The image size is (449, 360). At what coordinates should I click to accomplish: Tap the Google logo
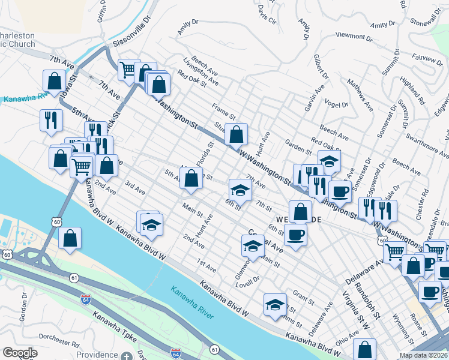click(20, 353)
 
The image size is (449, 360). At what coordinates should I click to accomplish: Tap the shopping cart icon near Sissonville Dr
click(128, 70)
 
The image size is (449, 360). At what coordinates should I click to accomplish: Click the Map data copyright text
click(423, 355)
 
